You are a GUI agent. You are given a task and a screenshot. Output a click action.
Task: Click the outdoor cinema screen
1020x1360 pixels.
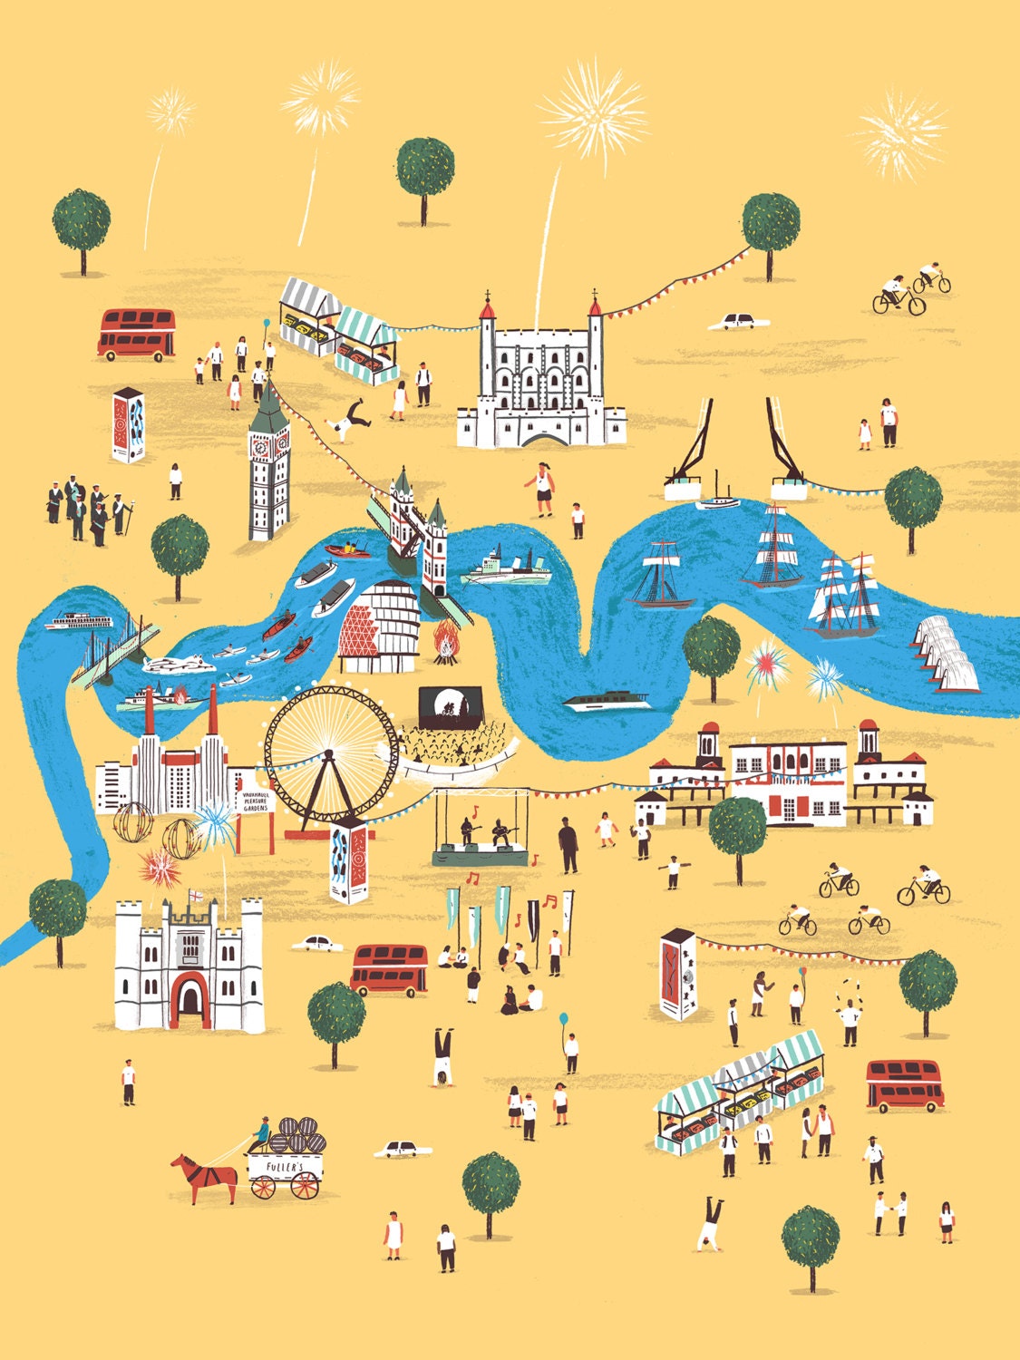coord(449,705)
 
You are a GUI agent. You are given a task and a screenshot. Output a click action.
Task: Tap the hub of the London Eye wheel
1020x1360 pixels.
coord(331,752)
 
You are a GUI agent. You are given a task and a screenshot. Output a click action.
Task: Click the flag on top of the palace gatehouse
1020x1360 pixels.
coord(197,897)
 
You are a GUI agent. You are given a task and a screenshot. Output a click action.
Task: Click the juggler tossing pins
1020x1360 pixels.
coord(849,1015)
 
